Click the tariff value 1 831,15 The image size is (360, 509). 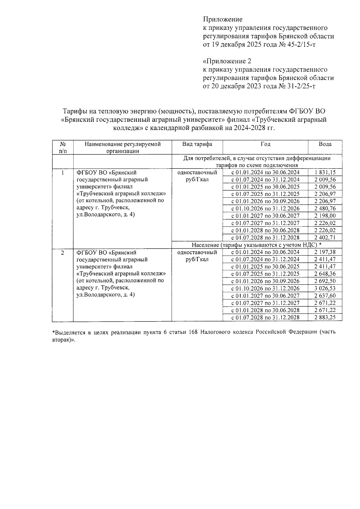(325, 172)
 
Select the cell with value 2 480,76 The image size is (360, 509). (325, 208)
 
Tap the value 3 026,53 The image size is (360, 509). (325, 289)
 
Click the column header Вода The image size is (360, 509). (325, 144)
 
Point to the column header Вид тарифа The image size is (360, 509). (197, 144)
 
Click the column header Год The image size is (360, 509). (265, 144)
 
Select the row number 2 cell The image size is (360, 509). (62, 253)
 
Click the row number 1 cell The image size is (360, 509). (62, 173)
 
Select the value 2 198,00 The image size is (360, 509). (325, 216)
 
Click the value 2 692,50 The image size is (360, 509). (325, 281)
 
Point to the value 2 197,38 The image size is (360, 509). (325, 252)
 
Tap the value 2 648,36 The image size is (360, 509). (325, 274)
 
